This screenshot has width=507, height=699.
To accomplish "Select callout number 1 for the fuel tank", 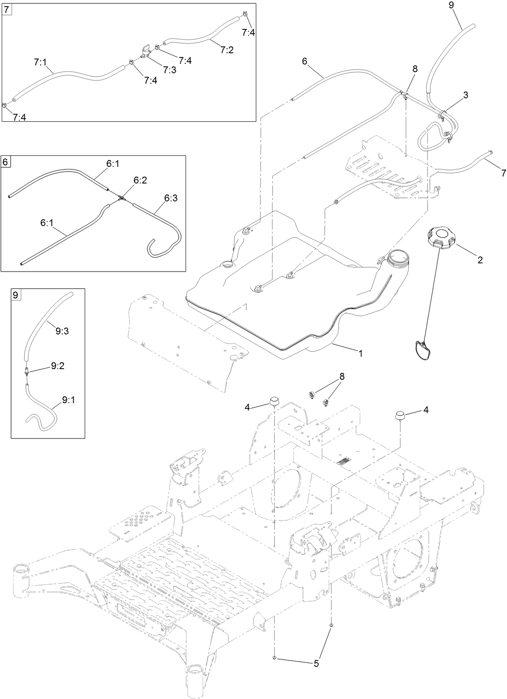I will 360,353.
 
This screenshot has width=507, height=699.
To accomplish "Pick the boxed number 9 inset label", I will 15,295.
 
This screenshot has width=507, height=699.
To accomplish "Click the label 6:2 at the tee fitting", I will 140,181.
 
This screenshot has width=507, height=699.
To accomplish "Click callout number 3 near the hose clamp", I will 465,95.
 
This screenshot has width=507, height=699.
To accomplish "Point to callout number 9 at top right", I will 451,6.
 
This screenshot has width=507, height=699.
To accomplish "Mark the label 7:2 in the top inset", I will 227,50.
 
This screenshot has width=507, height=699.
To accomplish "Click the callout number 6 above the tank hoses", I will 304,62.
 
